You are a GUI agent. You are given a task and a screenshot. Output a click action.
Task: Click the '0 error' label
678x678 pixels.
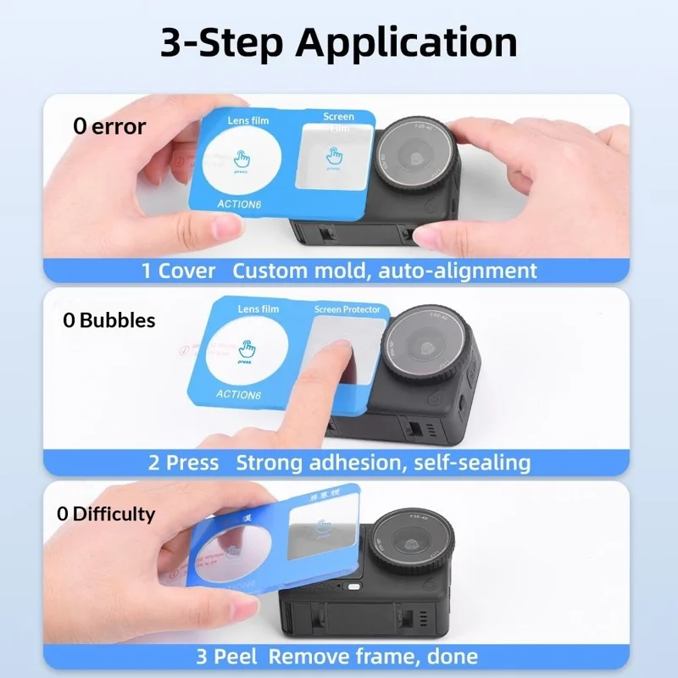coord(109,127)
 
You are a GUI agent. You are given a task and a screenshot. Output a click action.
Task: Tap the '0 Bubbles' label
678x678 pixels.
coord(109,320)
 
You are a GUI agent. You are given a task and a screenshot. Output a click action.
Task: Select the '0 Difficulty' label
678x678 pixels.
coord(106,514)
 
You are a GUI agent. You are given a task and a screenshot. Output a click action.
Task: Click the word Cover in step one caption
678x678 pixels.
coord(186,270)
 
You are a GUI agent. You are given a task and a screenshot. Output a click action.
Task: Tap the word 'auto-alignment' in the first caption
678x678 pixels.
coord(458,270)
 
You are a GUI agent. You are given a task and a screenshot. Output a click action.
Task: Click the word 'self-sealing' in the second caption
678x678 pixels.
coord(479,463)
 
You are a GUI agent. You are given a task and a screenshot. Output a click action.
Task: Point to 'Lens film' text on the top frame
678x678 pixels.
coord(247,121)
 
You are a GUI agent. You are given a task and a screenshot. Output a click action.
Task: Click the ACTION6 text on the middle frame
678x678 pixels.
coord(238,394)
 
